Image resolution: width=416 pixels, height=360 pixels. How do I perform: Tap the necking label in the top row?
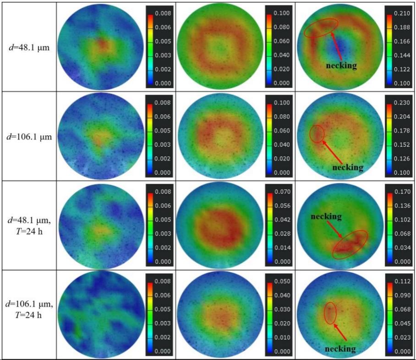(x=341, y=65)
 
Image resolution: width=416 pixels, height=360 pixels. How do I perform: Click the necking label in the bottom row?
(x=340, y=349)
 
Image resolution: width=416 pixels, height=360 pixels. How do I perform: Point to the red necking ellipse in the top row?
(x=321, y=28)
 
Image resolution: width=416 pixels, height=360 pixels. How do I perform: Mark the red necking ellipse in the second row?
(x=317, y=134)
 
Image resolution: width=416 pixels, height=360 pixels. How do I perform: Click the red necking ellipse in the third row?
(x=350, y=245)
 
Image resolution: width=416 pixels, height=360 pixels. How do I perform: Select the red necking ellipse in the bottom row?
(x=330, y=313)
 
